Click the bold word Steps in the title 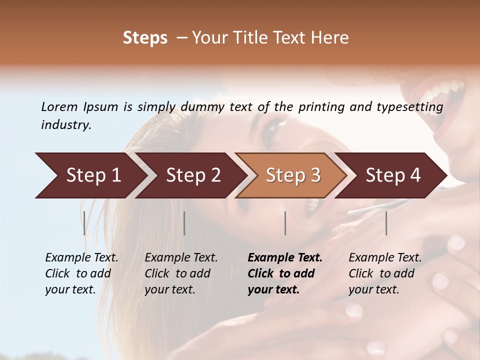(x=145, y=38)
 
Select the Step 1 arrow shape (x=90, y=175)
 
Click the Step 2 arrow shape (x=192, y=175)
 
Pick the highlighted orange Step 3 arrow (x=292, y=175)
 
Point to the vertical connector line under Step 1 (x=84, y=223)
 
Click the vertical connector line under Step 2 (x=184, y=223)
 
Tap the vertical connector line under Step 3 (x=285, y=223)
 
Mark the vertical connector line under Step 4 (x=386, y=223)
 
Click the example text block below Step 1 (x=81, y=273)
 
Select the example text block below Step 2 (x=181, y=273)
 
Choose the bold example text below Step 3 (x=285, y=273)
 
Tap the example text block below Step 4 (x=385, y=273)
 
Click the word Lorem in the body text (x=59, y=107)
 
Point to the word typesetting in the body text (x=413, y=107)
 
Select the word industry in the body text (x=65, y=125)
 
